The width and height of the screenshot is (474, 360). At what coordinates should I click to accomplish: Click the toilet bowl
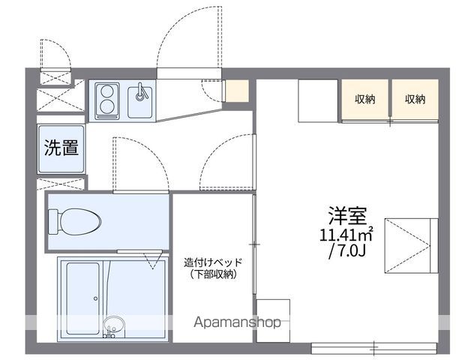(80, 222)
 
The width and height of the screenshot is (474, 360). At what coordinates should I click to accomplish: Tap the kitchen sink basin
(140, 102)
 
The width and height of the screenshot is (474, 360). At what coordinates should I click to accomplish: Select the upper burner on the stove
(106, 91)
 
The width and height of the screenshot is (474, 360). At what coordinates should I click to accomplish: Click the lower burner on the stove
(106, 106)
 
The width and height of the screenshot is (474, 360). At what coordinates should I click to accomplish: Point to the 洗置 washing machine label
(61, 148)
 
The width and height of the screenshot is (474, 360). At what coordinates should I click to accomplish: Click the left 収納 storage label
(364, 99)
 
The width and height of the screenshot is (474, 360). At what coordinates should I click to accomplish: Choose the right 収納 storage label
(415, 99)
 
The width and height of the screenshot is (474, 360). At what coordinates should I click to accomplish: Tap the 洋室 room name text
(348, 215)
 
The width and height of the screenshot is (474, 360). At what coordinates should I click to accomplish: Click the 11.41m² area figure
(346, 234)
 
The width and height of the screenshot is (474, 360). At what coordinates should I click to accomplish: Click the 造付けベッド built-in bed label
(213, 262)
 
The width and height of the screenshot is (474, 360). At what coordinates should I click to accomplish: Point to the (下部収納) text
(213, 274)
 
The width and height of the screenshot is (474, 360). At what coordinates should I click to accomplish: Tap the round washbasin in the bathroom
(114, 325)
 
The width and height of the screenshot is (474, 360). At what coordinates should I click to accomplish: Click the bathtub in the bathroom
(82, 298)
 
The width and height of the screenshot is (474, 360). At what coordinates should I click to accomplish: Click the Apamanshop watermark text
(237, 322)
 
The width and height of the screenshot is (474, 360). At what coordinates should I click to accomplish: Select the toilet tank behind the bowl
(54, 222)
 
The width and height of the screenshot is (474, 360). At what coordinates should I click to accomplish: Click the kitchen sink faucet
(141, 91)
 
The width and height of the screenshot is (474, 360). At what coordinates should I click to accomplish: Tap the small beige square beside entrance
(237, 91)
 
